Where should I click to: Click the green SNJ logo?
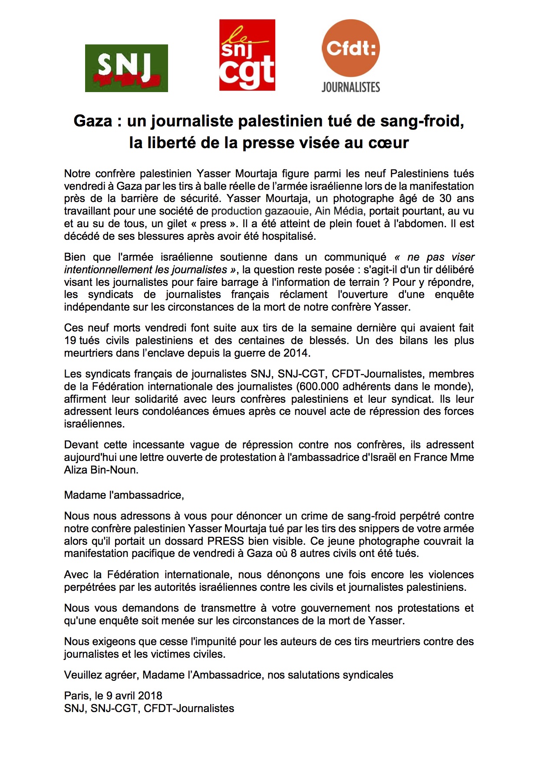point(126,68)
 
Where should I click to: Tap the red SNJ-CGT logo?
point(247,55)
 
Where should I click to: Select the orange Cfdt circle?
point(350,48)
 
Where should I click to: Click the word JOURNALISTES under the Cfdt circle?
point(350,87)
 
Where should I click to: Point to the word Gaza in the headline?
point(93,121)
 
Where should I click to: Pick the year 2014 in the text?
point(296,353)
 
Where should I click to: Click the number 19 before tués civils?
point(70,340)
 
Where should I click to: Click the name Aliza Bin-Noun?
point(101,470)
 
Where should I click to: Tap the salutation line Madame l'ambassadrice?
point(124,495)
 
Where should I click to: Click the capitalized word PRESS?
point(225,541)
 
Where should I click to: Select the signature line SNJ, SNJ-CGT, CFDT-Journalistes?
point(149,708)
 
